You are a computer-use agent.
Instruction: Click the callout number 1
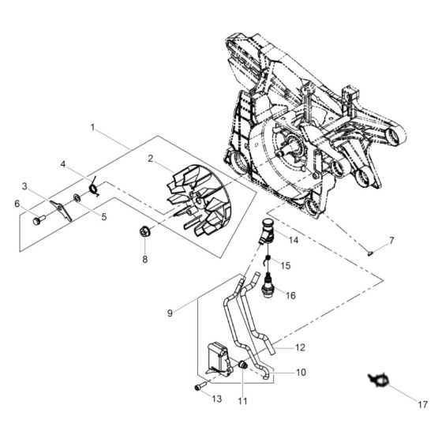93,126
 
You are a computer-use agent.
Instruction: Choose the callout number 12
299,346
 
